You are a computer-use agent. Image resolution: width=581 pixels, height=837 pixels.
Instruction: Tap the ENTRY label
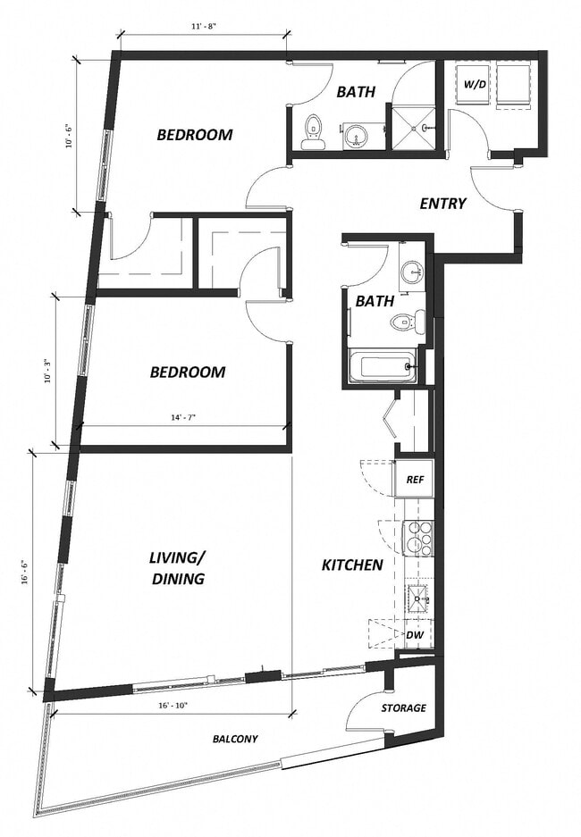click(x=442, y=204)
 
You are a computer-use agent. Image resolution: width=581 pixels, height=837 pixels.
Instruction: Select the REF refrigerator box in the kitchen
click(x=415, y=479)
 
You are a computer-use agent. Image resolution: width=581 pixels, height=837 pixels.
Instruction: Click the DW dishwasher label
click(x=414, y=634)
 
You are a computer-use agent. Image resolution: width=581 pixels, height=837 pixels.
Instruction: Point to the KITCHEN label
click(x=352, y=565)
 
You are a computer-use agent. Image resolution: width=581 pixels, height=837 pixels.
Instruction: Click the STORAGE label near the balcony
click(x=403, y=708)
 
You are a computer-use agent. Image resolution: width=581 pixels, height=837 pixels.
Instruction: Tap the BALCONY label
click(x=235, y=739)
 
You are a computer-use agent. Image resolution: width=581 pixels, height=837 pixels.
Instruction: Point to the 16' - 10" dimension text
click(x=170, y=705)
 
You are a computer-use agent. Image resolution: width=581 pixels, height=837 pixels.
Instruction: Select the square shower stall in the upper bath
click(x=413, y=129)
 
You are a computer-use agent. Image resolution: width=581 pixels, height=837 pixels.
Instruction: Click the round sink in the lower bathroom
click(x=410, y=272)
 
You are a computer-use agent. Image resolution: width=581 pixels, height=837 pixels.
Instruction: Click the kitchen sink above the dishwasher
click(x=417, y=597)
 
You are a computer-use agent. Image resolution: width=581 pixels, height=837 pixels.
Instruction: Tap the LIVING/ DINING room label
click(x=177, y=568)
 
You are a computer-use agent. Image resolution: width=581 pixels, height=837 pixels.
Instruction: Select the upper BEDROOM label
click(x=195, y=135)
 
